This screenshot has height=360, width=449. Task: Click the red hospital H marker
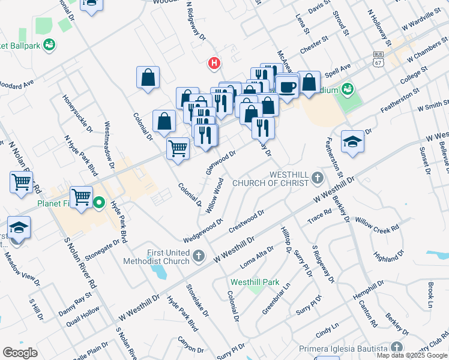pyautogui.click(x=212, y=63)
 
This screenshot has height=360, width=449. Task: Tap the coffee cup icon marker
pyautogui.click(x=287, y=86)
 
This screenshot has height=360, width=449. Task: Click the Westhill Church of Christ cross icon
pyautogui.click(x=317, y=178)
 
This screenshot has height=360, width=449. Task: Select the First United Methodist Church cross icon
pyautogui.click(x=199, y=257)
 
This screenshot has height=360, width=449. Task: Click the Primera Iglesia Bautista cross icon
pyautogui.click(x=396, y=347)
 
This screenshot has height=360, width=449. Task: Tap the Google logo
pyautogui.click(x=20, y=352)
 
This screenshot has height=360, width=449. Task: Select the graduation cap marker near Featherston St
pyautogui.click(x=352, y=142)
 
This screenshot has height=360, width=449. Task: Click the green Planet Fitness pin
pyautogui.click(x=100, y=203)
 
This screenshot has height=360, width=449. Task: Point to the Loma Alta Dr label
pyautogui.click(x=256, y=256)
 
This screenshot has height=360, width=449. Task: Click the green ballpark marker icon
pyautogui.click(x=49, y=45)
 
